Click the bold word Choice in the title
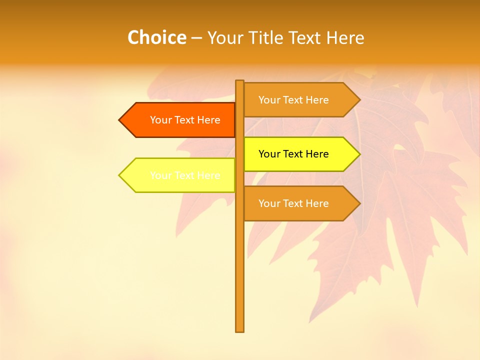pos(156,37)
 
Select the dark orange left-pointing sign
pos(180,120)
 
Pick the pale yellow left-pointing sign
pos(180,175)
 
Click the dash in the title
pos(196,38)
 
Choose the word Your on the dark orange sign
pos(161,120)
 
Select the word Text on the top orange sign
pos(293,100)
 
